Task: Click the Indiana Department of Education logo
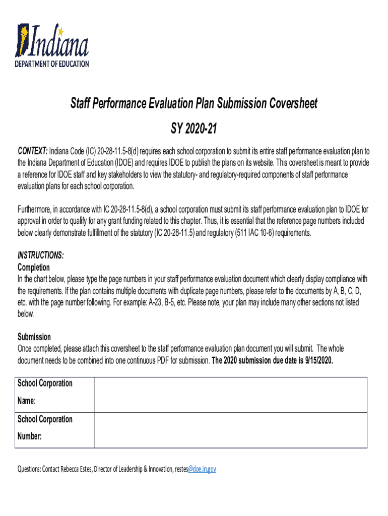(x=52, y=45)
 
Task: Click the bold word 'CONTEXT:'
(x=33, y=151)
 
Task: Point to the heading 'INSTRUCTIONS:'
(x=41, y=255)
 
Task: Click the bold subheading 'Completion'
(x=34, y=267)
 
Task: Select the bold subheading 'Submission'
(x=34, y=337)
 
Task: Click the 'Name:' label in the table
(x=27, y=401)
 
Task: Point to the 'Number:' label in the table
(x=30, y=436)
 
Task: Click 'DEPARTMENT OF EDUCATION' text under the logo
(x=52, y=64)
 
